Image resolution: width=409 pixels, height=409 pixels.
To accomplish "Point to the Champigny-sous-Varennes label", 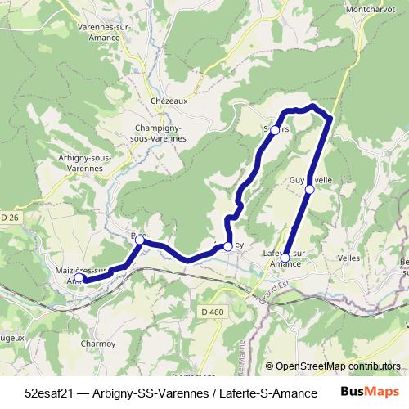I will (x=160, y=133).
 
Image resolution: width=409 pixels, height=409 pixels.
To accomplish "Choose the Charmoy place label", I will (x=98, y=344).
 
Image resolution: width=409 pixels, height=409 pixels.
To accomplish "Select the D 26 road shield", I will (x=9, y=217).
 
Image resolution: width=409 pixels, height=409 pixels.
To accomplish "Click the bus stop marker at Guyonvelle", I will (x=310, y=190).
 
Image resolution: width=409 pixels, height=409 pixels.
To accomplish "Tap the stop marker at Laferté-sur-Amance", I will (x=285, y=258).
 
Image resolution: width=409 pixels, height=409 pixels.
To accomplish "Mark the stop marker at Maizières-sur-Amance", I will (x=79, y=278).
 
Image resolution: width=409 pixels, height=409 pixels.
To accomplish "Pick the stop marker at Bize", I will (x=140, y=240).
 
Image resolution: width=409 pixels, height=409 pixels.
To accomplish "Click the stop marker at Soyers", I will (x=276, y=130).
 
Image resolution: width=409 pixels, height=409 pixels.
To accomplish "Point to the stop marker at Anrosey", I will (x=227, y=245).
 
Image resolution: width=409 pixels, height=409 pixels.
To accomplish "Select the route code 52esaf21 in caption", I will (x=48, y=393).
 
